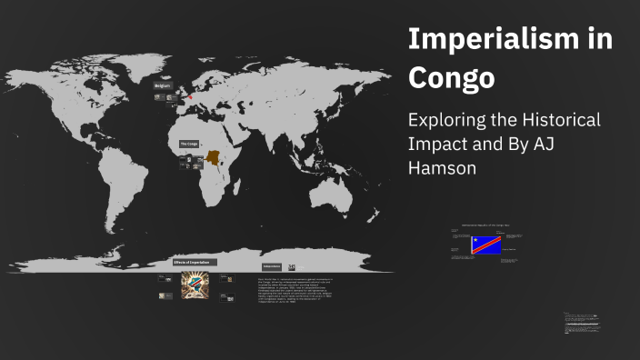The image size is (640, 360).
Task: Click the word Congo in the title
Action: (x=451, y=78)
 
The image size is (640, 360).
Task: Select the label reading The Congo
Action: (x=188, y=144)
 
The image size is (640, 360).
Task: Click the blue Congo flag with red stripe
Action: (x=486, y=245)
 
